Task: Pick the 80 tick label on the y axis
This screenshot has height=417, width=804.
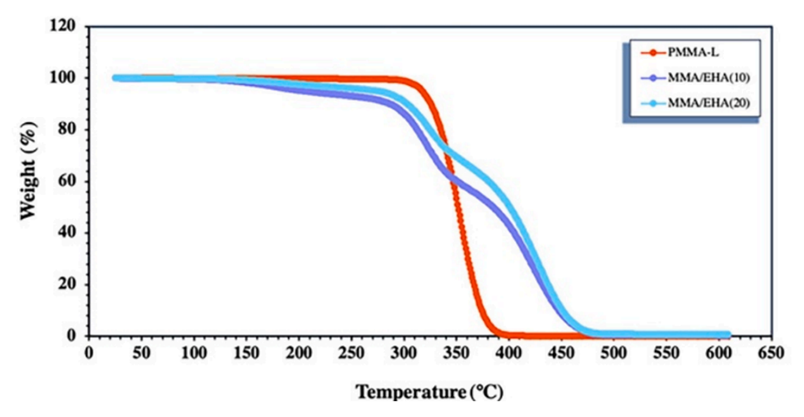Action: point(70,130)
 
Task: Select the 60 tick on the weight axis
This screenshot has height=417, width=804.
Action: point(70,181)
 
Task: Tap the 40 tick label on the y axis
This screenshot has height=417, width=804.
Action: point(70,233)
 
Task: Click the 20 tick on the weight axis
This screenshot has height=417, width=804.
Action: point(70,284)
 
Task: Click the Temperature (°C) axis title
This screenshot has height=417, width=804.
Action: point(430,392)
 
